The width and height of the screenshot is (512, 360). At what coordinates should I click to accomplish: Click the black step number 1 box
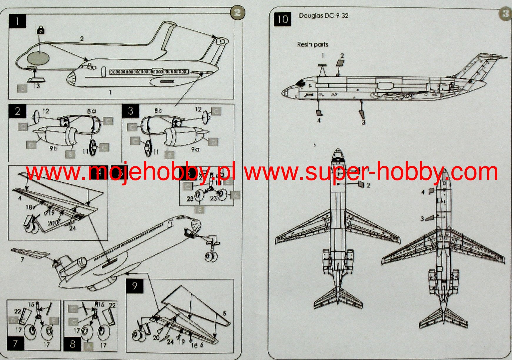(x=18, y=21)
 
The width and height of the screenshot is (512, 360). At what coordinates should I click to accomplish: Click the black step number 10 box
(x=282, y=19)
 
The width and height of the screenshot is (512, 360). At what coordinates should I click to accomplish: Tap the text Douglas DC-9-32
(x=323, y=16)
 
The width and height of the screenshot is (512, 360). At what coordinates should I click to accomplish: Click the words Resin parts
(x=312, y=44)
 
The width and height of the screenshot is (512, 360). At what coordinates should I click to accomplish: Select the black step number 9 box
(x=135, y=286)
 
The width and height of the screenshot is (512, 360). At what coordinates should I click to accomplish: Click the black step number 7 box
(x=15, y=343)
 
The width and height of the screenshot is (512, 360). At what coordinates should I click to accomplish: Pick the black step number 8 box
(x=72, y=344)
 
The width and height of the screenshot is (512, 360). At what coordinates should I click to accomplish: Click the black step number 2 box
(x=17, y=111)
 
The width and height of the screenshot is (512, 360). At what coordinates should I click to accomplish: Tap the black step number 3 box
(x=131, y=111)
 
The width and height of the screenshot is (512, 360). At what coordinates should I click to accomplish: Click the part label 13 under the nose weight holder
(x=36, y=86)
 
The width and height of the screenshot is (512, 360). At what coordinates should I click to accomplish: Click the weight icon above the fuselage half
(x=41, y=29)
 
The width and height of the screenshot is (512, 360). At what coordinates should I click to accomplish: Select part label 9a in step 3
(x=195, y=149)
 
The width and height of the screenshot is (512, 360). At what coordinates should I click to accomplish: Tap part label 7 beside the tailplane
(x=22, y=259)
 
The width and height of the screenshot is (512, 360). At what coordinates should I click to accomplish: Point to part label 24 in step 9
(x=170, y=342)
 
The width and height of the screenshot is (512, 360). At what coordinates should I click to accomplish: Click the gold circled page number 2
(x=237, y=13)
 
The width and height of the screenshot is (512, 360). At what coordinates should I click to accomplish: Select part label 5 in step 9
(x=224, y=313)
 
